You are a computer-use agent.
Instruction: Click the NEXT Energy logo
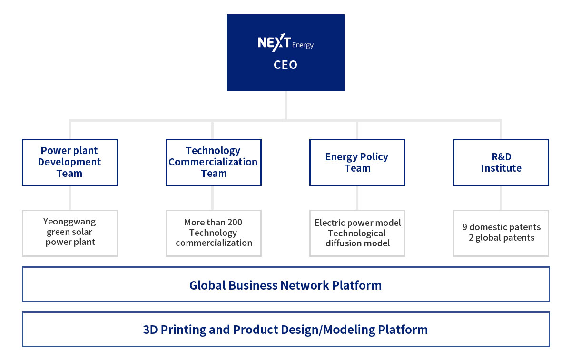[285, 42]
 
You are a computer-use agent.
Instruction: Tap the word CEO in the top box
[285, 65]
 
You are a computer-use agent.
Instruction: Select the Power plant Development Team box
[70, 162]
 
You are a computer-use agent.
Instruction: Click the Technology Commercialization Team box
[214, 162]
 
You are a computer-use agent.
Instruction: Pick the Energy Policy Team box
[357, 162]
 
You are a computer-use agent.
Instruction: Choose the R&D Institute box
[501, 162]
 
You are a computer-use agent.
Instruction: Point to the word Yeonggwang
[69, 222]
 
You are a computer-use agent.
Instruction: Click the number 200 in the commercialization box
[234, 222]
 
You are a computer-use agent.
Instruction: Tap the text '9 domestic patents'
[502, 227]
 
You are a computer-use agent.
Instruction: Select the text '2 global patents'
[502, 237]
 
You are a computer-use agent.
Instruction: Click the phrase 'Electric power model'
[358, 223]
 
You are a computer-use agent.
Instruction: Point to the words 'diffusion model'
[358, 243]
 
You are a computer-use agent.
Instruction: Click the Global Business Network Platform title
[285, 285]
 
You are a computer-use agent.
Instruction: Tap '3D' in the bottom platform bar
[150, 330]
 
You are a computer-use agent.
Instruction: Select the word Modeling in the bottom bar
[349, 330]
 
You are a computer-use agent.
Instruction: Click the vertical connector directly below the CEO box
[286, 106]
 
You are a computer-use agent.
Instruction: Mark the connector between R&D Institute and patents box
[501, 198]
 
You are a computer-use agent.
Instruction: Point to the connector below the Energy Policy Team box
[357, 198]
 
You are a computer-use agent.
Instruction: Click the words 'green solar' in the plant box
[69, 232]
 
